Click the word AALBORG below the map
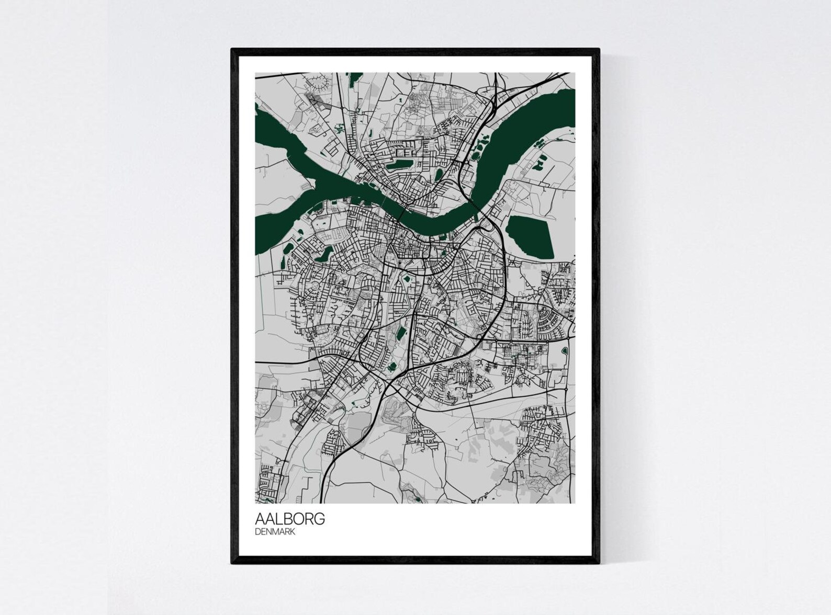289,519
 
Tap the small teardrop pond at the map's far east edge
566,350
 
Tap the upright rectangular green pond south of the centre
401,334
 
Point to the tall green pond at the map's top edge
350,78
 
